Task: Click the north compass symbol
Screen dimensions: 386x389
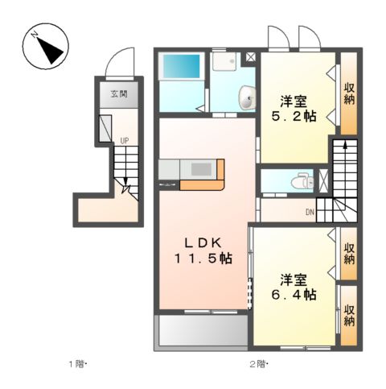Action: point(45,46)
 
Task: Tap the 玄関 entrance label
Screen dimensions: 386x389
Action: point(119,94)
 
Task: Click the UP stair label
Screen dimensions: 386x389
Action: point(125,141)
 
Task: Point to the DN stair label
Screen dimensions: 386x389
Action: point(310,212)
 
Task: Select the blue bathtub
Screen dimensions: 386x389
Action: point(182,67)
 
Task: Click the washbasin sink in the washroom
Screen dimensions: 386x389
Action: point(248,97)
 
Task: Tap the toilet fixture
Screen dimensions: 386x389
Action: point(302,182)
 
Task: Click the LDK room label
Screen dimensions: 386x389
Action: point(203,243)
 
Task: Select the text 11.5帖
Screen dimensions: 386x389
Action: point(203,259)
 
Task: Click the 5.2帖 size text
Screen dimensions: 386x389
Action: point(294,116)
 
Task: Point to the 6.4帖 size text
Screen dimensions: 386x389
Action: point(294,295)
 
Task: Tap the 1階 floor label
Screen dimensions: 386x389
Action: point(77,364)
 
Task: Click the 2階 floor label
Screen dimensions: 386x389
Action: point(258,364)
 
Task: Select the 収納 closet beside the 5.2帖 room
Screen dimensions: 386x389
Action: point(349,93)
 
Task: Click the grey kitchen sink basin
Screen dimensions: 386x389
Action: point(201,169)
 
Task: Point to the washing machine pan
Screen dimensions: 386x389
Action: point(224,61)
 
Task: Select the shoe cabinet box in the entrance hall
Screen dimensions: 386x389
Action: point(105,129)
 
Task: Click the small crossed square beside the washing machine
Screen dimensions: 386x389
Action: point(250,57)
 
